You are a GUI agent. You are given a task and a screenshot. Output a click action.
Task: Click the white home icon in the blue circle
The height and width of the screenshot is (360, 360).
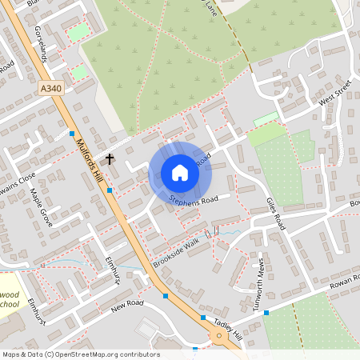[180, 173]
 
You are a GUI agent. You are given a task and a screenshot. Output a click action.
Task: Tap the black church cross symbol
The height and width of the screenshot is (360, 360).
[109, 158]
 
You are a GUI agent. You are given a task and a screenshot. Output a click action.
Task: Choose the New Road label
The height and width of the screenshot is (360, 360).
[126, 306]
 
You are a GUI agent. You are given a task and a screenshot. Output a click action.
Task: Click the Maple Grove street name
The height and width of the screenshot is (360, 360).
[41, 207]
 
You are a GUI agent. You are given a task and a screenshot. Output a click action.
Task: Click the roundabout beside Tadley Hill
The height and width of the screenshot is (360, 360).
[218, 337]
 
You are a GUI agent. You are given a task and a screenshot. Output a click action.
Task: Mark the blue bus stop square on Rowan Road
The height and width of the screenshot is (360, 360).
[266, 313]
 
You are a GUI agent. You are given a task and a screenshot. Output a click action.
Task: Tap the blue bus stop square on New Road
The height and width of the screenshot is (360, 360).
[166, 296]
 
